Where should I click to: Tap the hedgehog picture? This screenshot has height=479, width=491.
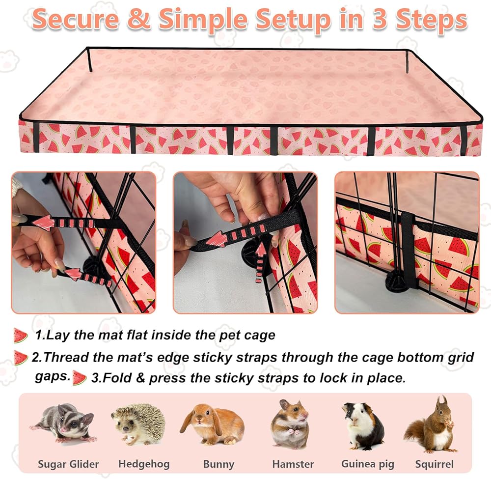point(140,423)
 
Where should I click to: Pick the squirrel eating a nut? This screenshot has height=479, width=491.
point(432,424)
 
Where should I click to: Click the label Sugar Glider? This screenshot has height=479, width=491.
point(68,464)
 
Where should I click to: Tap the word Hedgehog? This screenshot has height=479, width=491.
point(144,464)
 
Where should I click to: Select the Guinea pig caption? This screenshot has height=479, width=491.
point(368,464)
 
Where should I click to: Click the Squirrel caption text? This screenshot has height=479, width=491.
point(435,464)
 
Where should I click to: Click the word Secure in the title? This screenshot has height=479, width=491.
point(76,20)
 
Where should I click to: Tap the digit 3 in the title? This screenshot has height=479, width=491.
point(379,20)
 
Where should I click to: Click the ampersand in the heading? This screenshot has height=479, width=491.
point(139,20)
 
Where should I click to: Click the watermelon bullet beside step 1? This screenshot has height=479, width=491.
point(21,336)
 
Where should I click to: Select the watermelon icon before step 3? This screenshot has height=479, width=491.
point(79,378)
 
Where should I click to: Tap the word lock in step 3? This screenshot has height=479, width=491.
point(332,378)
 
